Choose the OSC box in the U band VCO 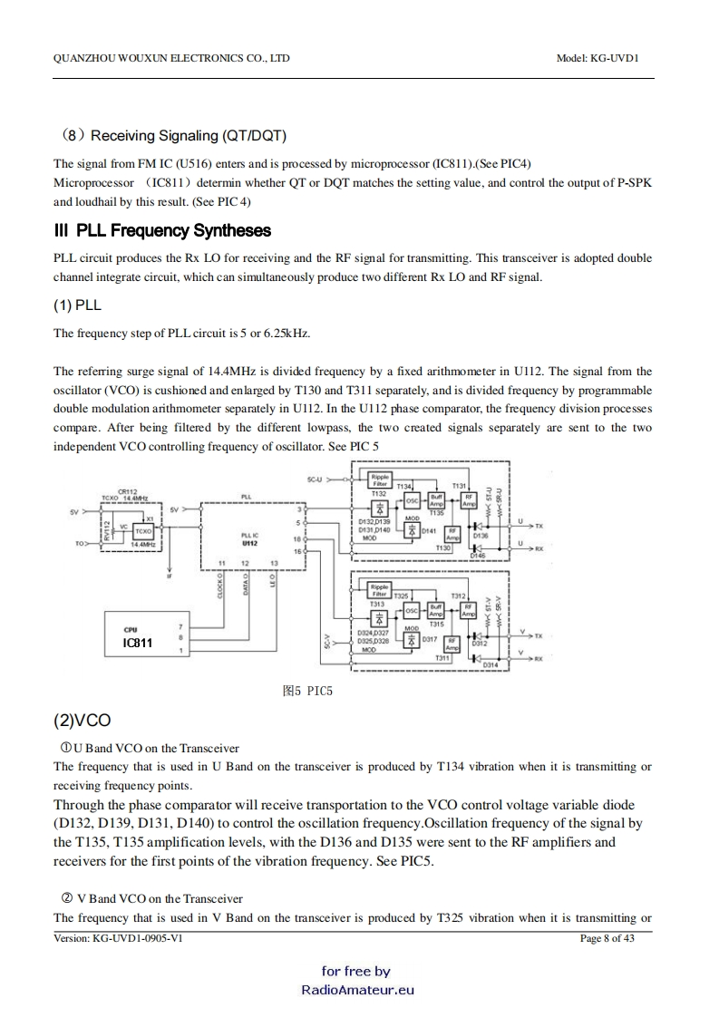point(411,500)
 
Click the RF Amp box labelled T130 point(443,537)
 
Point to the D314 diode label point(491,665)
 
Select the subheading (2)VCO point(82,721)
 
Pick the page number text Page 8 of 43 point(607,938)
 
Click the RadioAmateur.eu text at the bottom point(357,990)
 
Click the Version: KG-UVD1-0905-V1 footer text point(119,938)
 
